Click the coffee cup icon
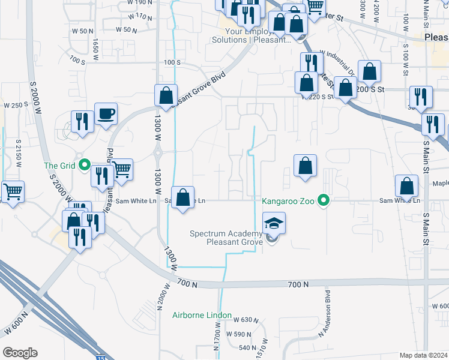[106, 113]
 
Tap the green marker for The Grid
[85, 164]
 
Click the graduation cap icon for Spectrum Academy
[273, 224]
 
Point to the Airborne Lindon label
[202, 315]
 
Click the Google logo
[20, 353]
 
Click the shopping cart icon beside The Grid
[122, 170]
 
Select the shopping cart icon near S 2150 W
[12, 191]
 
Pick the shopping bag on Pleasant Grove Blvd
[166, 95]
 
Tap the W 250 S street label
[16, 105]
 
